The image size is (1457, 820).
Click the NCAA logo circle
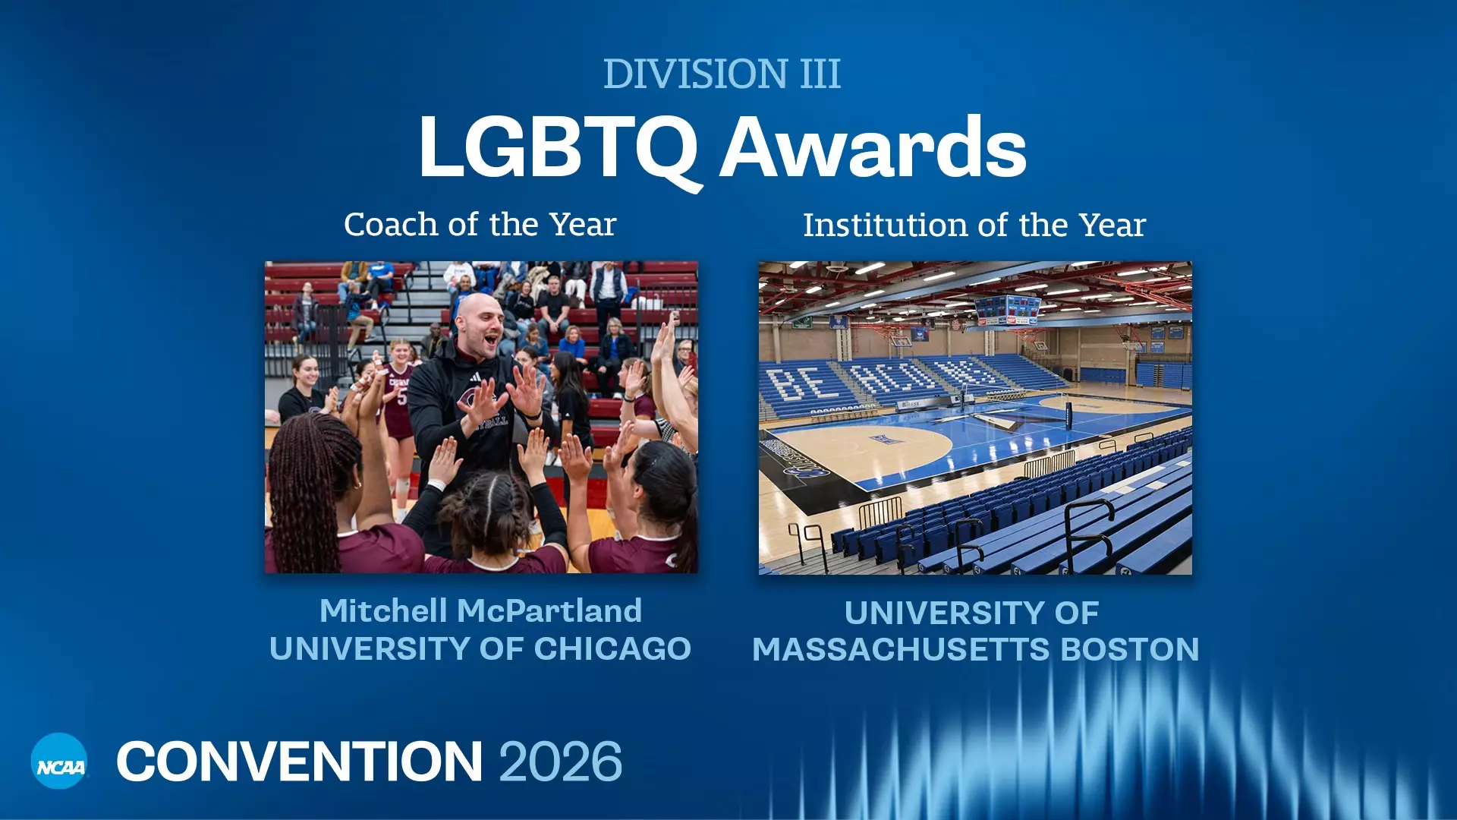(59, 761)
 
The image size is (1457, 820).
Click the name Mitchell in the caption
(383, 610)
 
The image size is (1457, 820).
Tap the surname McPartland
(550, 610)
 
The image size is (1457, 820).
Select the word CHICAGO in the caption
(612, 649)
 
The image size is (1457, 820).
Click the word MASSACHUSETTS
(902, 650)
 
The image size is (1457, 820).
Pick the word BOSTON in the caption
(1130, 650)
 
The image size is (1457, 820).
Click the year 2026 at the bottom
(561, 762)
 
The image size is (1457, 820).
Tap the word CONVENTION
(299, 762)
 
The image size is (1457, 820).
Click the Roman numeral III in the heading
(820, 74)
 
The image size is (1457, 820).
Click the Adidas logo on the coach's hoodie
(476, 377)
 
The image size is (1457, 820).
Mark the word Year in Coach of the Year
(583, 225)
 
